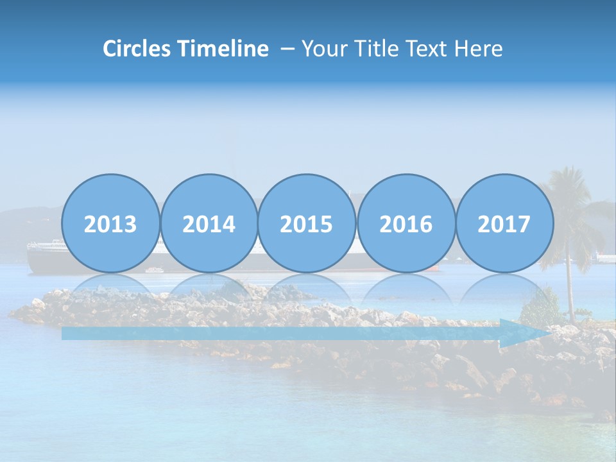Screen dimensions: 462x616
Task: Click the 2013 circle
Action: (110, 224)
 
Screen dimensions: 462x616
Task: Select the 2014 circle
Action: (209, 224)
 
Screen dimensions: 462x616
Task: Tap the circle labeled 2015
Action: (307, 224)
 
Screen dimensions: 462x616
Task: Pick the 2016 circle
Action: (406, 224)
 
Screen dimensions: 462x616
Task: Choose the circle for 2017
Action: (504, 224)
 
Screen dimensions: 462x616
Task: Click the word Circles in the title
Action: (137, 49)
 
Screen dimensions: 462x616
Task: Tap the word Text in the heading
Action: (431, 49)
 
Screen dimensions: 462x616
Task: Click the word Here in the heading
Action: (479, 49)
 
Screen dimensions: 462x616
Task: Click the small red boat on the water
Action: (434, 268)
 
